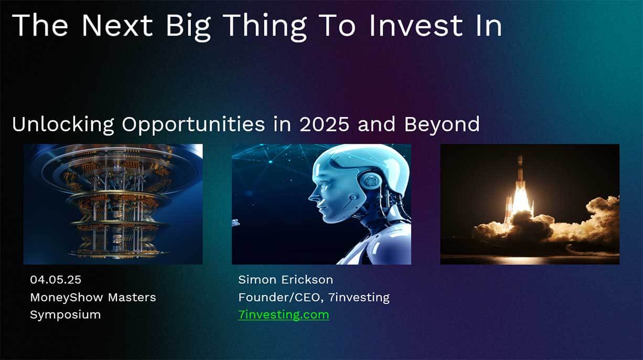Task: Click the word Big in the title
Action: [x=188, y=26]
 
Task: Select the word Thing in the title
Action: [x=265, y=26]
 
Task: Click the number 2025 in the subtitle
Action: [x=324, y=124]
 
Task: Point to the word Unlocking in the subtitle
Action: [x=63, y=125]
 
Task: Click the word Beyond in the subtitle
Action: [x=442, y=124]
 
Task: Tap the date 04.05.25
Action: [x=56, y=280]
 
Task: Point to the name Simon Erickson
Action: [x=286, y=280]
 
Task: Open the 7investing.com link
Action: [x=284, y=315]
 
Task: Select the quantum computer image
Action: [x=113, y=204]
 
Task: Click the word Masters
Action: [x=132, y=298]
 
